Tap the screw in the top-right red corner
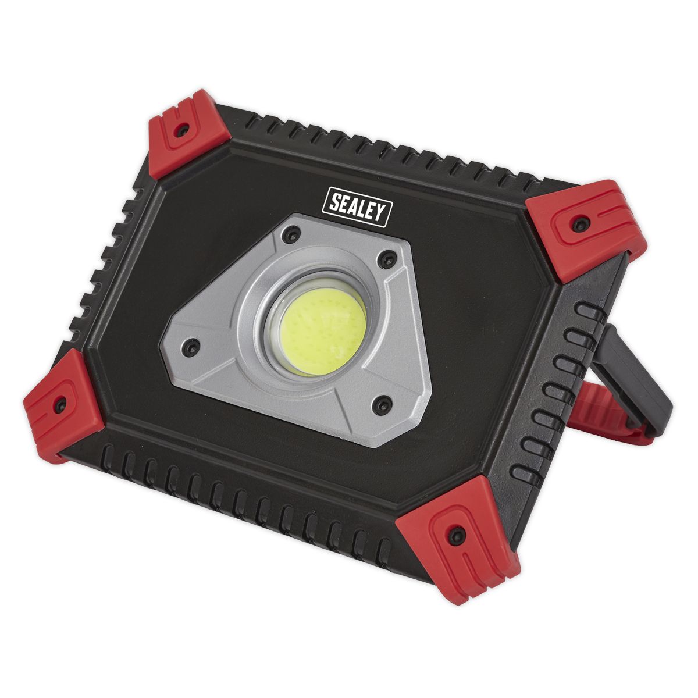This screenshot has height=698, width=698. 579,222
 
